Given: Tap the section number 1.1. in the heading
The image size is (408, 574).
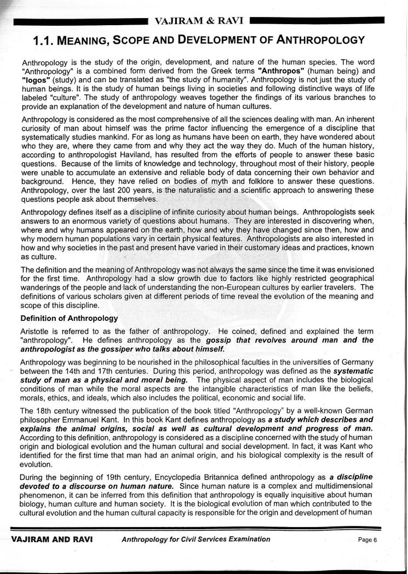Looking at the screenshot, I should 45,40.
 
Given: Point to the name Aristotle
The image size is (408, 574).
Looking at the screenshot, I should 35,331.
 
